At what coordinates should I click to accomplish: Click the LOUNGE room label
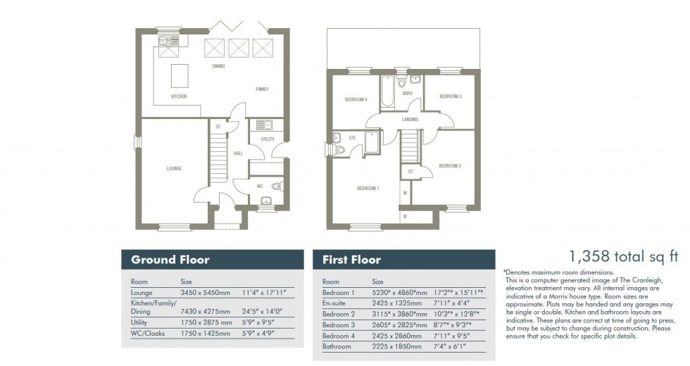[x=174, y=168]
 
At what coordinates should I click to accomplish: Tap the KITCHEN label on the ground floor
[x=179, y=96]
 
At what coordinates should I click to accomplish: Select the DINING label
[x=219, y=66]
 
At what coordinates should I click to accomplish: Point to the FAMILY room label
[x=262, y=89]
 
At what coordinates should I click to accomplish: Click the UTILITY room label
[x=267, y=139]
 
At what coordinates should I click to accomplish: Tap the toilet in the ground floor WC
[x=277, y=187]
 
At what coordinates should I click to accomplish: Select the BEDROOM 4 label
[x=356, y=100]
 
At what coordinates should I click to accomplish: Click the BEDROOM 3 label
[x=450, y=96]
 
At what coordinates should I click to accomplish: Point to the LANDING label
[x=410, y=120]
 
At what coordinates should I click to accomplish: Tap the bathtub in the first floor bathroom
[x=387, y=92]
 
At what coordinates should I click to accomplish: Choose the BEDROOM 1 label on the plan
[x=368, y=188]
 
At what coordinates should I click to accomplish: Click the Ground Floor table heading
[x=170, y=260]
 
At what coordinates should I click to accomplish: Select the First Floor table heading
[x=351, y=260]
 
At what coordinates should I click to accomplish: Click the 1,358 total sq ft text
[x=613, y=257]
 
